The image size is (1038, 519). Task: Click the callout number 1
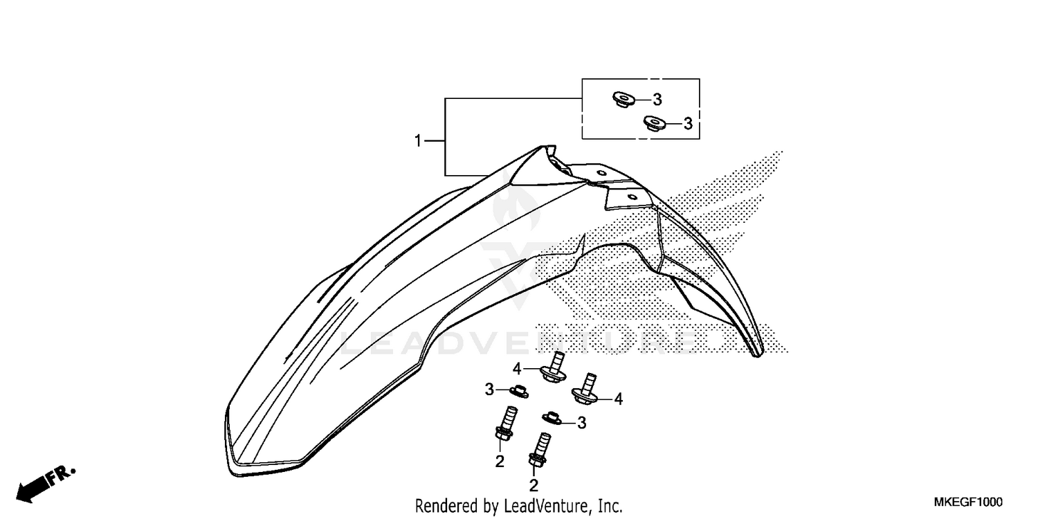[418, 141]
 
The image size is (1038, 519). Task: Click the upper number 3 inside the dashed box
[657, 100]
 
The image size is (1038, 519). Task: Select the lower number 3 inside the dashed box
[688, 124]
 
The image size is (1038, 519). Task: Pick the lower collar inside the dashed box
[651, 124]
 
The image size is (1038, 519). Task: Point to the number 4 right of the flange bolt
[618, 399]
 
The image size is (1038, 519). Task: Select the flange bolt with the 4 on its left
[557, 367]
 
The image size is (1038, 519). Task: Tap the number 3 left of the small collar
[489, 390]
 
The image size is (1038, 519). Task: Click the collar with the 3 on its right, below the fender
[551, 417]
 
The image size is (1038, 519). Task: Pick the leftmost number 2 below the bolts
[500, 461]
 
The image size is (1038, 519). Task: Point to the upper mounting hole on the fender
[601, 172]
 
